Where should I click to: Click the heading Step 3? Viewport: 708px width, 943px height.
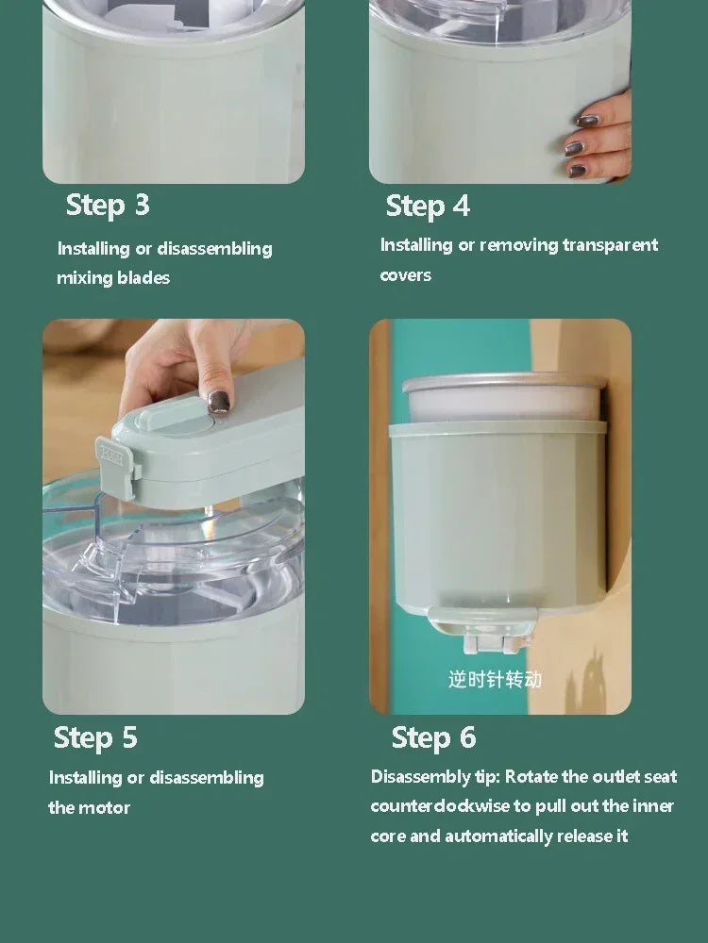coord(108,206)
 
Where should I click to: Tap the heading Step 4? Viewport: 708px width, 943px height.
coord(428,206)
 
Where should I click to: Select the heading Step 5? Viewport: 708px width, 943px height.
coord(95,737)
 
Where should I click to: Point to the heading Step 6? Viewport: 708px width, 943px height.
coord(433,737)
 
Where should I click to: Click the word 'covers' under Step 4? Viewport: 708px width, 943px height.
coord(406,275)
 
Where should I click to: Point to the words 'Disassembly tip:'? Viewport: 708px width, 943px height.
coord(435,777)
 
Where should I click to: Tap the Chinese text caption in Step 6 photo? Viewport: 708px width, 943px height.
coord(495,679)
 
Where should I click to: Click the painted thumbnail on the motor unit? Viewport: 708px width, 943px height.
coord(219,402)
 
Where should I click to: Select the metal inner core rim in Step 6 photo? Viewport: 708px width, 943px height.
coord(502,384)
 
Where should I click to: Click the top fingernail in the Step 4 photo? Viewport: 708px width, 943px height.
coord(588,121)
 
